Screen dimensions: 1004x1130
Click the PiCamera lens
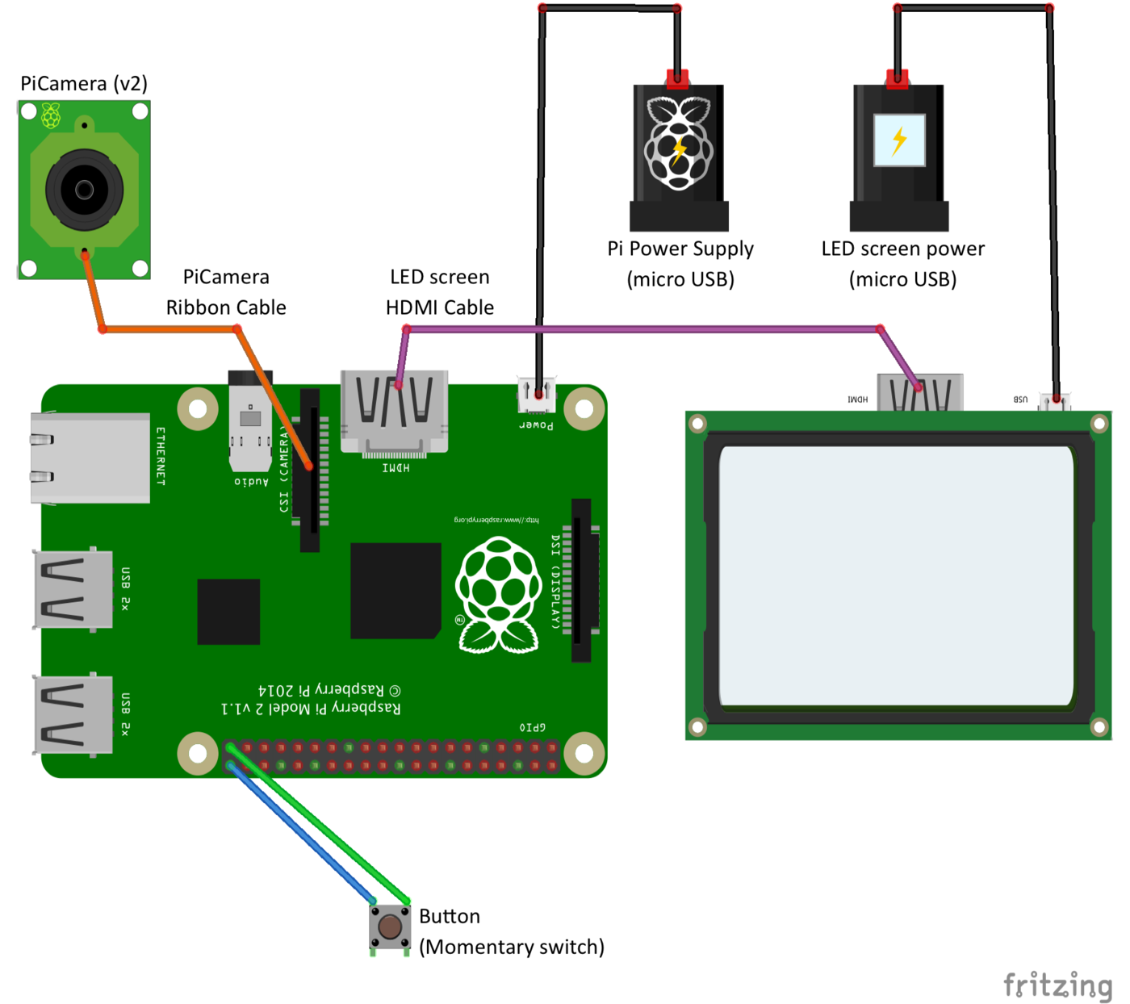point(84,190)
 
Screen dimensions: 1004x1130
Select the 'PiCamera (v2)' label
point(84,84)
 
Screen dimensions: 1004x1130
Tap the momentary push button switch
point(390,927)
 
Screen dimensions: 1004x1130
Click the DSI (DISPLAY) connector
point(581,579)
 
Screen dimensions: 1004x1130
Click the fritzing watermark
point(1057,985)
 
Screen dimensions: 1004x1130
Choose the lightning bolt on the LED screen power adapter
point(899,140)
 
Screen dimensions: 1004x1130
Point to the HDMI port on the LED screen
point(919,393)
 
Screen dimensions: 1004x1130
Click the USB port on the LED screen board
point(1055,400)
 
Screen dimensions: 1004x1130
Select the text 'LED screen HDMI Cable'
point(440,292)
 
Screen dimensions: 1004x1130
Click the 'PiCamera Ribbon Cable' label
point(226,292)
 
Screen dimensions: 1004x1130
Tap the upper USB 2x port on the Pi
point(73,590)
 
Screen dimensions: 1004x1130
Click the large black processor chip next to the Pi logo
point(395,591)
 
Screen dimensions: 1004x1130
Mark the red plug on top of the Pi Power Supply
point(677,79)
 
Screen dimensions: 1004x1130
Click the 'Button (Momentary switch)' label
point(511,931)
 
